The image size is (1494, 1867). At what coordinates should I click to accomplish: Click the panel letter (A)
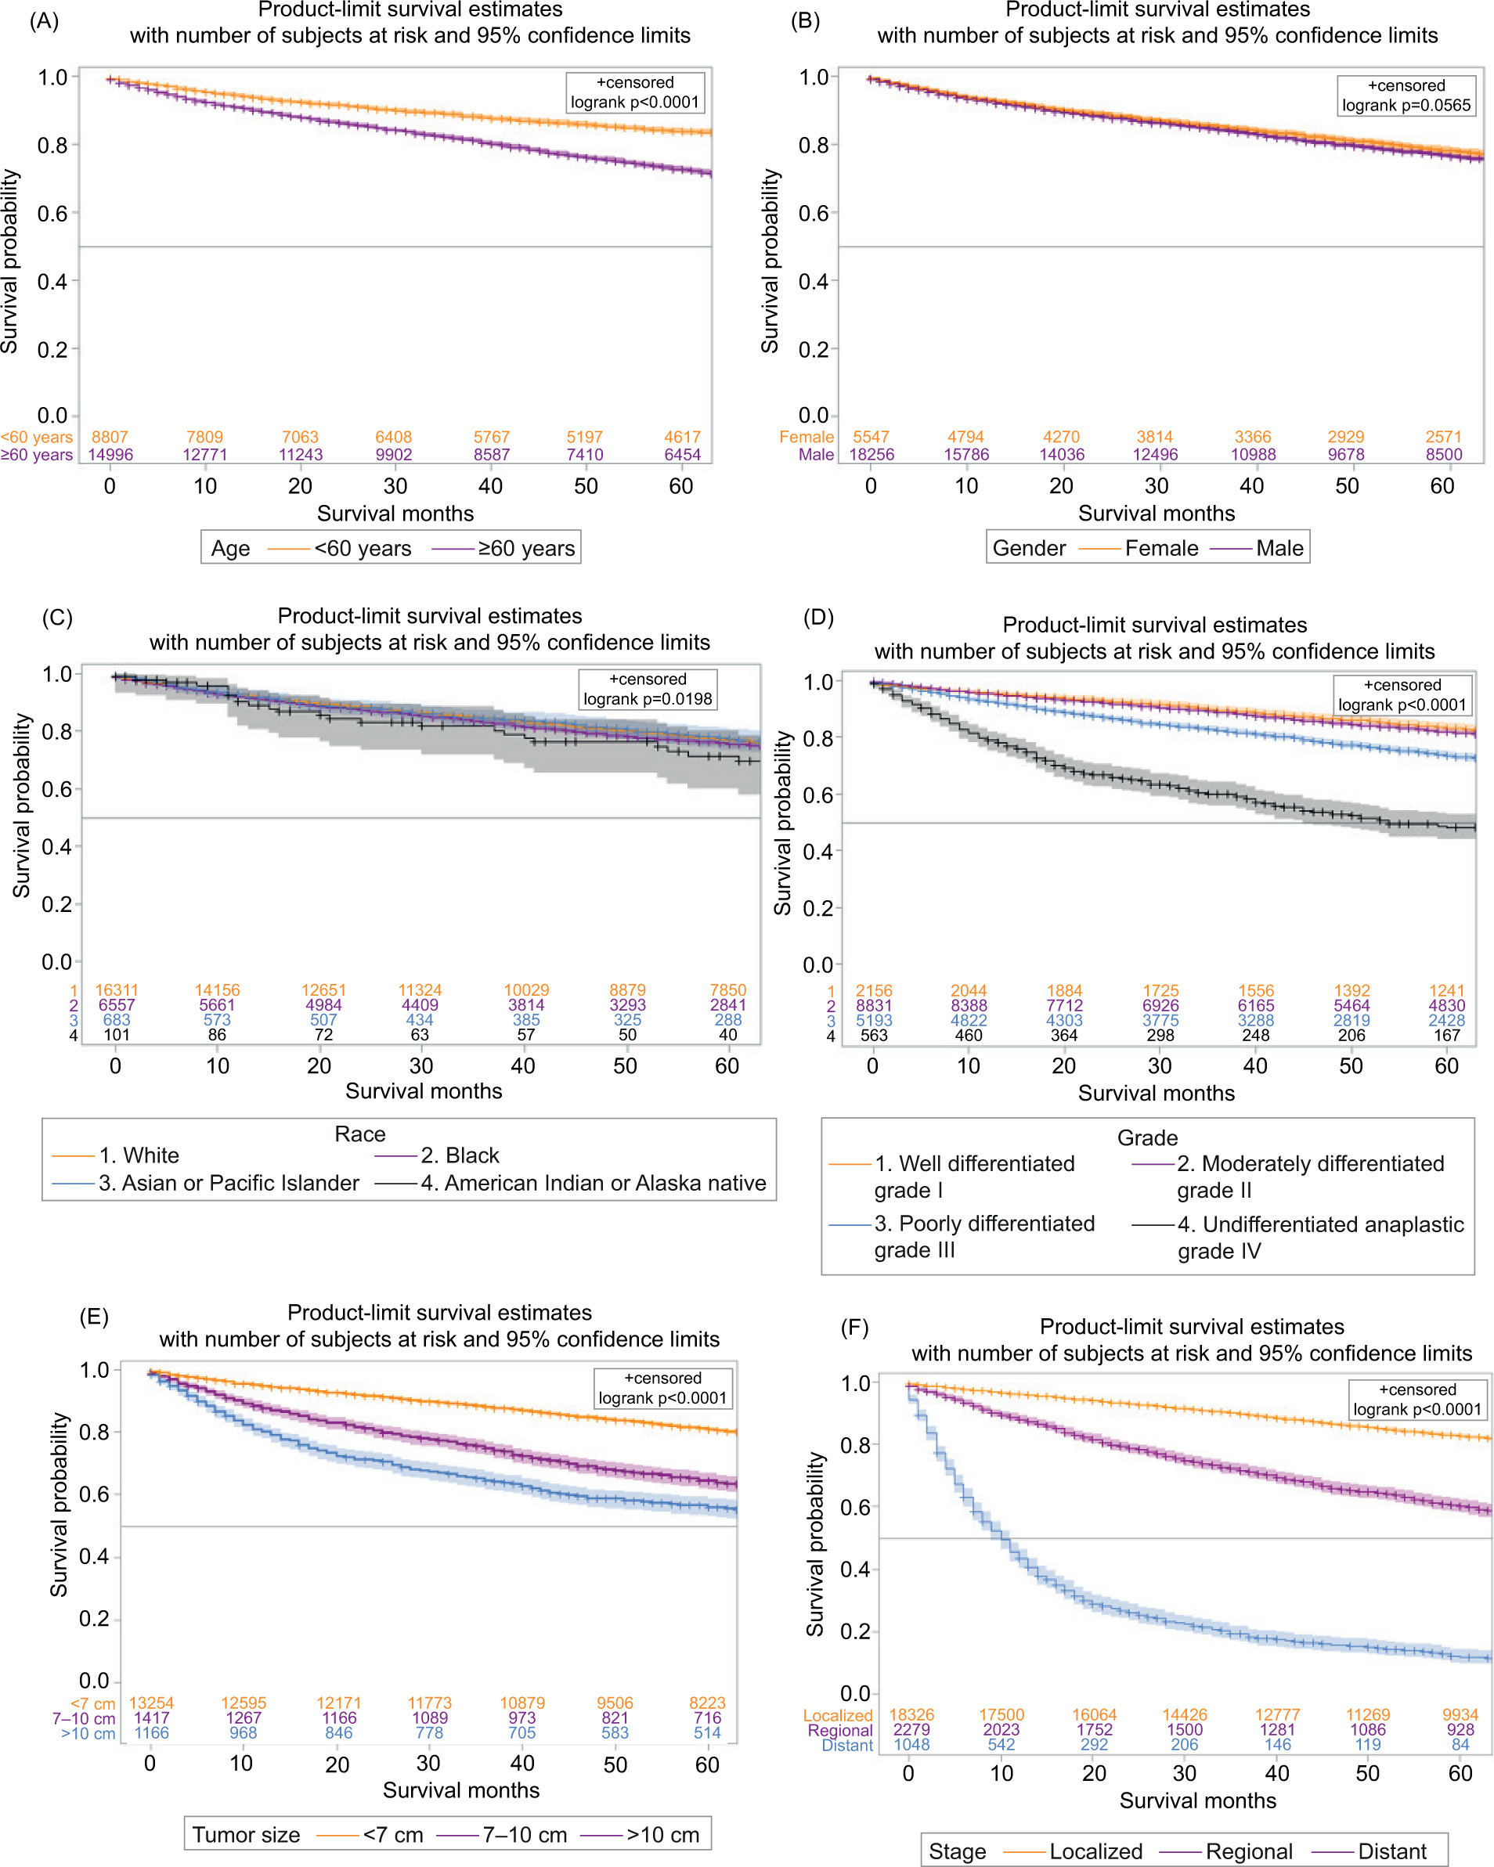(x=44, y=21)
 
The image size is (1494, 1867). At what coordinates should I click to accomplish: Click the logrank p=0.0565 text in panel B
(x=1406, y=106)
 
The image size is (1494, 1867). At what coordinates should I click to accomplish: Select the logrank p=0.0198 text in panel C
(x=647, y=699)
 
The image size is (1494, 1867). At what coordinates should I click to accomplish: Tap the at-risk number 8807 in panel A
(x=110, y=438)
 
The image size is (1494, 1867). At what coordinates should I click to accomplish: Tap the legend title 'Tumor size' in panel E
(x=246, y=1835)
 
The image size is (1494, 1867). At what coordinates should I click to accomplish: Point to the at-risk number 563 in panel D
(x=874, y=1036)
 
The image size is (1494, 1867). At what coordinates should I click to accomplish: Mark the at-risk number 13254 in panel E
(x=152, y=1703)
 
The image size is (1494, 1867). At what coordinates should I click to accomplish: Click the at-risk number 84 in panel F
(x=1460, y=1745)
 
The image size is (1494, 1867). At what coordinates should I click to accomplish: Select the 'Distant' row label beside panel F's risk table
(x=847, y=1745)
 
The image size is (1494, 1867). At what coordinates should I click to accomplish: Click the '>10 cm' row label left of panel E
(x=88, y=1733)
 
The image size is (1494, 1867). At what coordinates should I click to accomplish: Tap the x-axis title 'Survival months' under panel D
(x=1157, y=1094)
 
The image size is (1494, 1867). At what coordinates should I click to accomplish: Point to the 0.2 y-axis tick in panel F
(x=855, y=1631)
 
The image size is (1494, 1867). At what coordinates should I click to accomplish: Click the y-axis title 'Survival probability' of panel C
(x=22, y=806)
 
